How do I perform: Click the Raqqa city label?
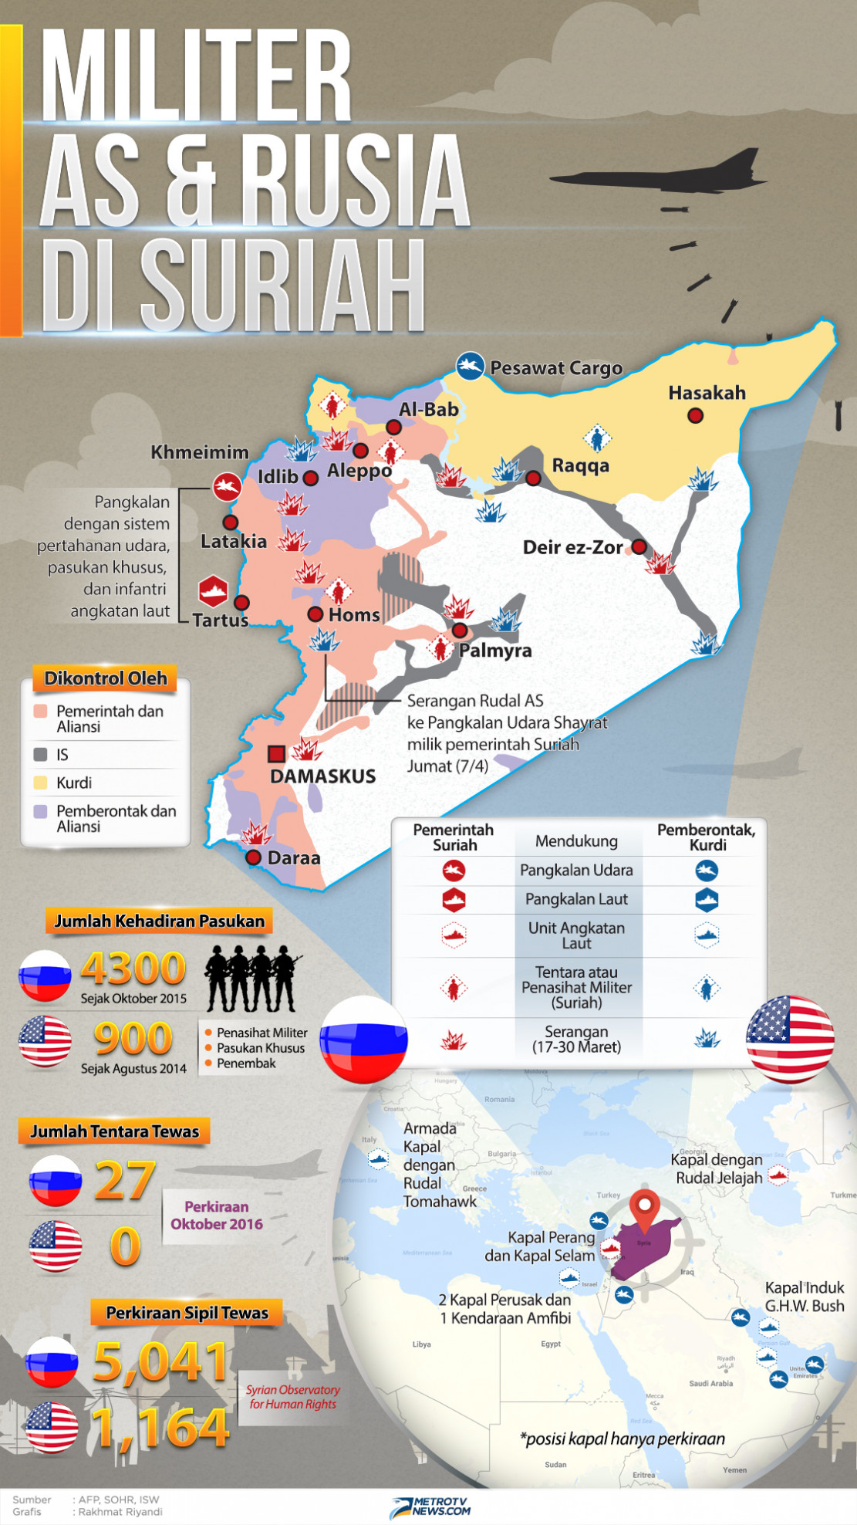580,465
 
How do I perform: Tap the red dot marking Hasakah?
695,416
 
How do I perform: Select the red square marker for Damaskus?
275,753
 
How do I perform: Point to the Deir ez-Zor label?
572,548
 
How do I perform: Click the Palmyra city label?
495,651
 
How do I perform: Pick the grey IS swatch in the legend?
41,755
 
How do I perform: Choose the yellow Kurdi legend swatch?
41,783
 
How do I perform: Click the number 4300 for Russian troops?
133,969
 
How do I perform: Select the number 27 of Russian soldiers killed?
124,1181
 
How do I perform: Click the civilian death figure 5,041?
160,1362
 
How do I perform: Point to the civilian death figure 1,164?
160,1428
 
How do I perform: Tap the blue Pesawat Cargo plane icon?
470,366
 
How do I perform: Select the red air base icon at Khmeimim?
227,486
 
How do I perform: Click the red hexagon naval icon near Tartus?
213,591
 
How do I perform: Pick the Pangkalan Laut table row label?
576,899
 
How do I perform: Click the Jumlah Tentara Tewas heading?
114,1131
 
